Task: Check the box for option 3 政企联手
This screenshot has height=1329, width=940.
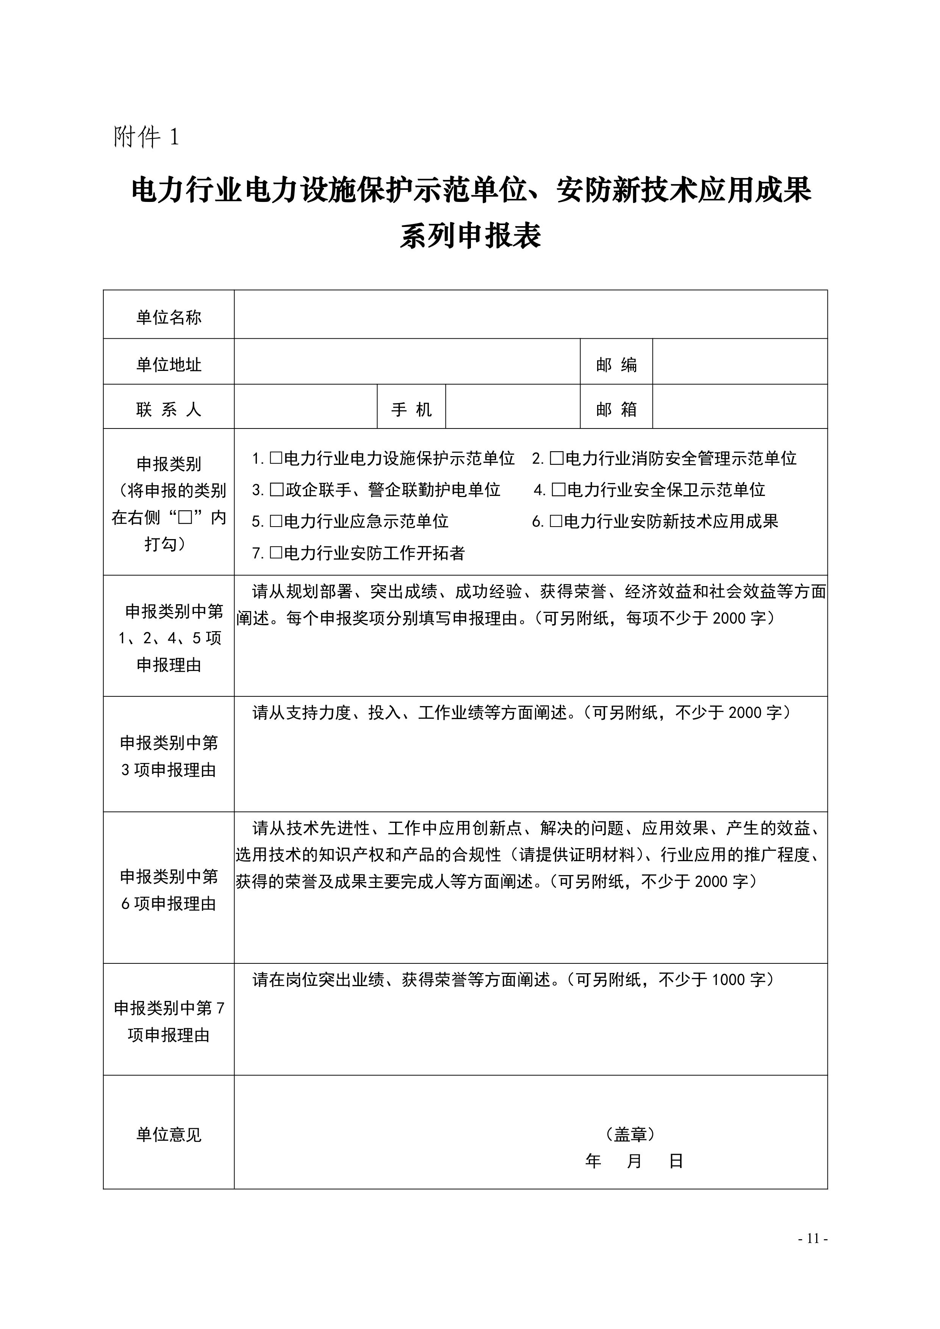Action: coord(277,490)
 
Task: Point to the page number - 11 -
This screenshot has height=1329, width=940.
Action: coord(813,1239)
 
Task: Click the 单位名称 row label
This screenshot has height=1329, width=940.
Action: coord(169,317)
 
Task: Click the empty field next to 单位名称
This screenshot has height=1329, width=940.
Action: coord(530,314)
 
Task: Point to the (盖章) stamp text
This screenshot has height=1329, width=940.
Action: coord(630,1134)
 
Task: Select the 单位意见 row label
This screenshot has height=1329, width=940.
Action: coord(169,1135)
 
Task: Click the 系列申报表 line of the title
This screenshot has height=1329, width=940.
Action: coord(470,236)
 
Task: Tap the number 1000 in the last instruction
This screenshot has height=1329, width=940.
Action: coord(729,979)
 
